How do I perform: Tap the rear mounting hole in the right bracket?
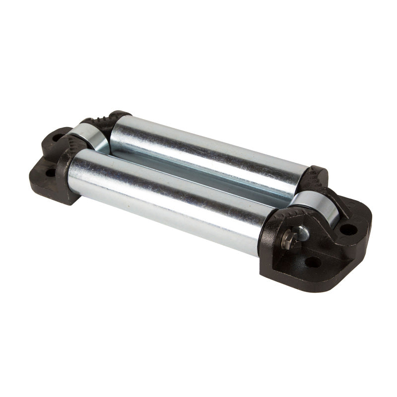coord(348,229)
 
